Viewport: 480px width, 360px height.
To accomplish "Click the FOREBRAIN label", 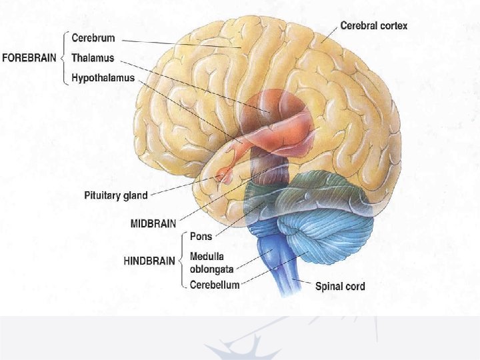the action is coord(29,58).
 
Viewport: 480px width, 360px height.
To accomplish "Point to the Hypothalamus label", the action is coord(103,78).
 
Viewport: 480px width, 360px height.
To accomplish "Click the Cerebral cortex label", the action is coord(373,27).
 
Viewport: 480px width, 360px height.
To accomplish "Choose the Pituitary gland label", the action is coord(116,196).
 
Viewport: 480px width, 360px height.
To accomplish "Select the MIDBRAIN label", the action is coord(153,224).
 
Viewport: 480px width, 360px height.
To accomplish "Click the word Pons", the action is coord(201,236).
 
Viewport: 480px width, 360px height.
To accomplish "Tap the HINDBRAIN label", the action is coord(150,261).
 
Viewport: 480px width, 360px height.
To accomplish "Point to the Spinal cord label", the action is coord(339,287).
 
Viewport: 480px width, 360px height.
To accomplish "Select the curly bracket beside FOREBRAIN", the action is coord(65,57).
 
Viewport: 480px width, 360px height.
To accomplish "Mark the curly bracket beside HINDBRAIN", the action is coord(183,260).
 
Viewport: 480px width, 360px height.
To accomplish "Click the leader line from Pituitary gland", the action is coord(180,188).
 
